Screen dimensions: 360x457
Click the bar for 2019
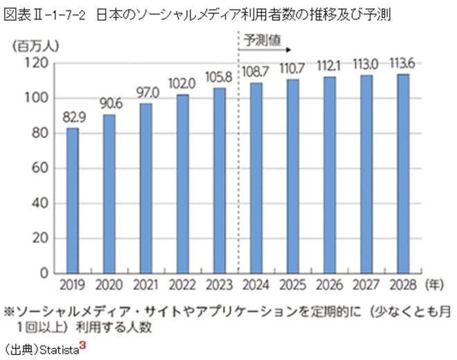73,200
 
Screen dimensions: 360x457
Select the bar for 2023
219,180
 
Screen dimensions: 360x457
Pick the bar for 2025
292,176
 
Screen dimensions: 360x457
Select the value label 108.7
256,72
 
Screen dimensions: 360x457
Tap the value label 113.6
402,63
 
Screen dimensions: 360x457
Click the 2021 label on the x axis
146,285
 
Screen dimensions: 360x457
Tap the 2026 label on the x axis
329,285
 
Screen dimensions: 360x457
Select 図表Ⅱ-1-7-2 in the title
46,14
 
